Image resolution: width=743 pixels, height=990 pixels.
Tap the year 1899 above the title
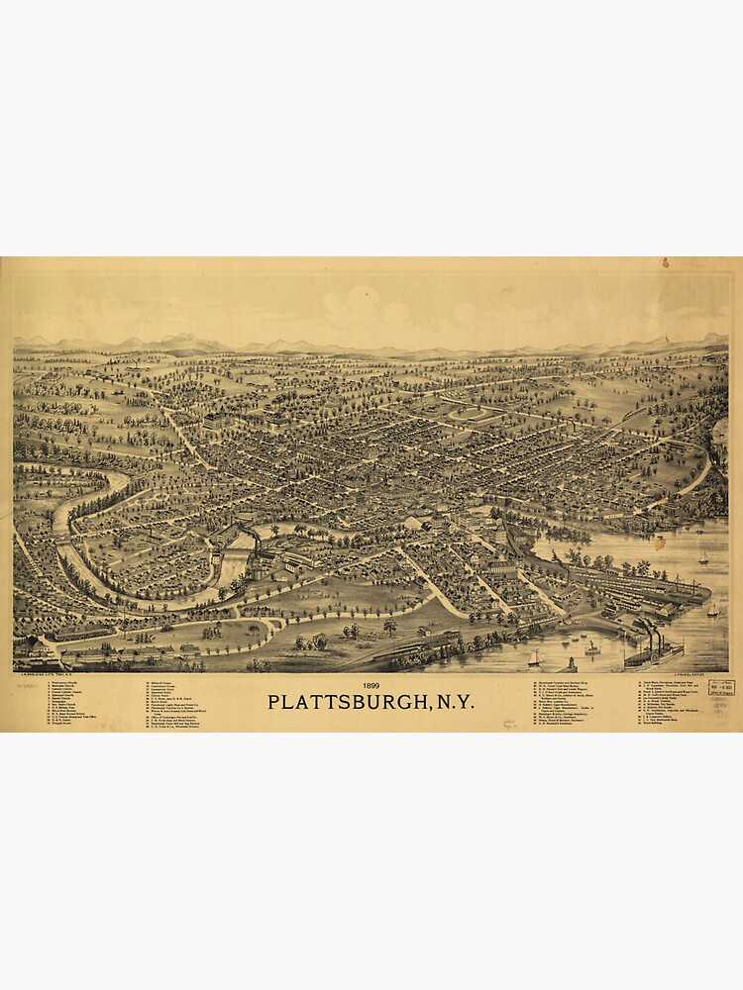click(x=371, y=685)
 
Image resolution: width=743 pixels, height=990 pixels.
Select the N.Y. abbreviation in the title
click(x=452, y=702)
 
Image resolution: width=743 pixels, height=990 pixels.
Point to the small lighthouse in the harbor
click(x=572, y=662)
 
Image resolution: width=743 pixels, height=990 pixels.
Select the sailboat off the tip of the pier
click(x=712, y=610)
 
